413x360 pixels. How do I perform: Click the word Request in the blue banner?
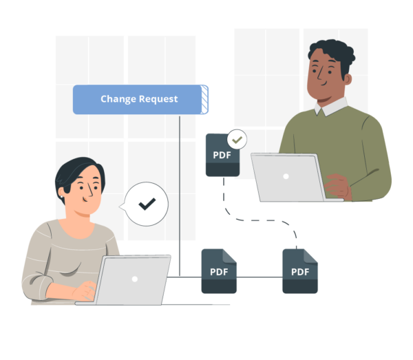(158, 99)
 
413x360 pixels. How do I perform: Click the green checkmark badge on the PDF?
(237, 140)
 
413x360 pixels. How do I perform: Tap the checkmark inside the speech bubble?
(147, 204)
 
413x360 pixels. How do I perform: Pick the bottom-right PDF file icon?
(300, 271)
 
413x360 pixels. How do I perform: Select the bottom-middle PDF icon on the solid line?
(219, 271)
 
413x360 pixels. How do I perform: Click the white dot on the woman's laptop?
(135, 279)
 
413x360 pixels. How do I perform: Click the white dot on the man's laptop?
(285, 176)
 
